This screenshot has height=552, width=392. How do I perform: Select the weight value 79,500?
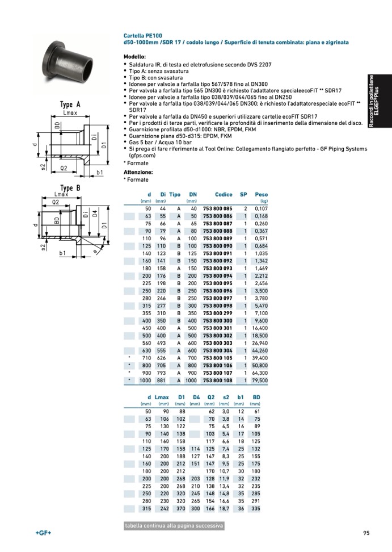pyautogui.click(x=259, y=380)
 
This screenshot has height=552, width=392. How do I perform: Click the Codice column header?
pyautogui.click(x=224, y=195)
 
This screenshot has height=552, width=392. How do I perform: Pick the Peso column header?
pyautogui.click(x=261, y=195)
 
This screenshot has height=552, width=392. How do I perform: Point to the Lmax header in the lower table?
pyautogui.click(x=162, y=397)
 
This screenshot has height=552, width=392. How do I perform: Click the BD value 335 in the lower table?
pyautogui.click(x=256, y=508)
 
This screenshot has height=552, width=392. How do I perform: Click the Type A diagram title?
pyautogui.click(x=70, y=105)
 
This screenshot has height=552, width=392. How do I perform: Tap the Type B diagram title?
pyautogui.click(x=70, y=188)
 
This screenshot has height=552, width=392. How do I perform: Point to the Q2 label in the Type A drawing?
pyautogui.click(x=64, y=168)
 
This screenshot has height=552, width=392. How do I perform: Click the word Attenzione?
pyautogui.click(x=138, y=172)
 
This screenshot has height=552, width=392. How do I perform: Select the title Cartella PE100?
pyautogui.click(x=142, y=35)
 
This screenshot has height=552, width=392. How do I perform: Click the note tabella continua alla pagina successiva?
pyautogui.click(x=174, y=526)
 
